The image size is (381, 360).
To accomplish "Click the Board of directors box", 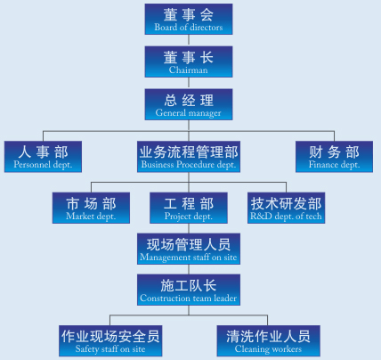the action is tap(189, 19).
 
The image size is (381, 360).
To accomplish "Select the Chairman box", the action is tap(189, 61).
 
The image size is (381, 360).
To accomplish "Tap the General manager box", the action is tap(189, 104).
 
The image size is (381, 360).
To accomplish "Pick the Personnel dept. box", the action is tap(43, 157).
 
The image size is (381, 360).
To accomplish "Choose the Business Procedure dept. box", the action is tap(189, 157).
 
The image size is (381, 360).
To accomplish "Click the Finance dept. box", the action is tap(335, 157).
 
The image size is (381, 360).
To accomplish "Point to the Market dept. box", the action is tap(91, 208).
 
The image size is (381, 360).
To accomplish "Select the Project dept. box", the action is tap(189, 208).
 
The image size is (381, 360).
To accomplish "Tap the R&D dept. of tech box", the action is tap(287, 208).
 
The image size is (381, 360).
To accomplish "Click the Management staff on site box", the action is tap(189, 249).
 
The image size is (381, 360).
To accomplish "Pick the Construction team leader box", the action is tap(189, 290).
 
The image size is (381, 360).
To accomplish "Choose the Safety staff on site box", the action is tap(110, 341).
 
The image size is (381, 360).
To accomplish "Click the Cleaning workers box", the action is tap(269, 341).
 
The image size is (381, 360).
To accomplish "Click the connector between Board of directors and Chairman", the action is tap(189, 40).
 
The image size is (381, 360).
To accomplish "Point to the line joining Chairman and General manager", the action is tap(189, 83).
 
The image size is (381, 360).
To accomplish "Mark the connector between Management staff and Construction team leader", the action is tap(189, 269).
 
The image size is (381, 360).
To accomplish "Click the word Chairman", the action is tap(189, 70).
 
